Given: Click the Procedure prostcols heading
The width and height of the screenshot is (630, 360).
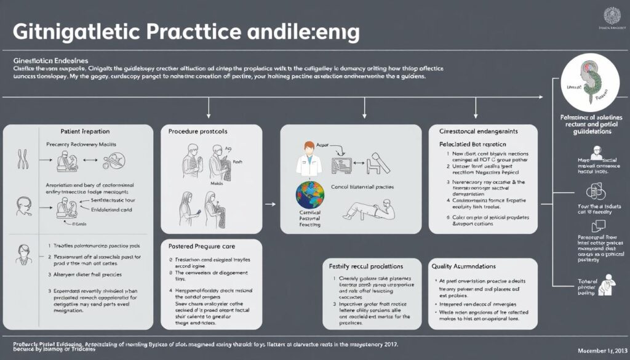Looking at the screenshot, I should pyautogui.click(x=198, y=132).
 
